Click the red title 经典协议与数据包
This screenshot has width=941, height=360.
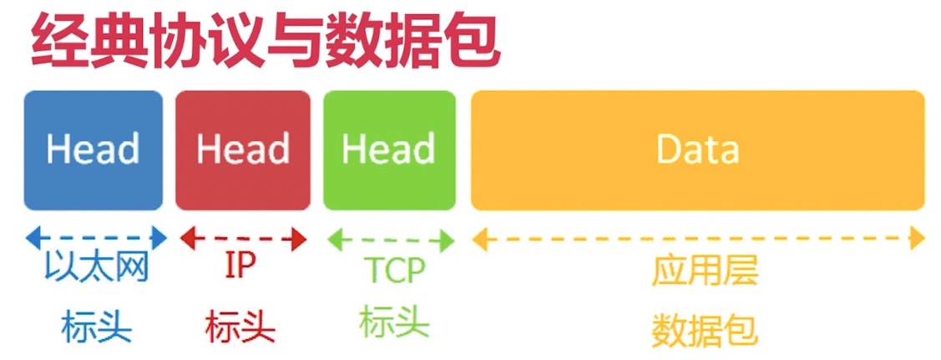tap(265, 42)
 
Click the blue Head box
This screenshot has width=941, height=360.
tap(93, 150)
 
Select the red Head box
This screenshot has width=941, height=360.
tap(242, 150)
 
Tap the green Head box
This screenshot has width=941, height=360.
tap(389, 150)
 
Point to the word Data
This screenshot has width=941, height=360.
tap(697, 150)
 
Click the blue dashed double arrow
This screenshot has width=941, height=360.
tap(96, 238)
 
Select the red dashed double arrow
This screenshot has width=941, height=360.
tap(243, 238)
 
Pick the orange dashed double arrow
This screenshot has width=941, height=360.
tap(698, 240)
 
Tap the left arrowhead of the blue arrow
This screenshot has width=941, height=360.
tap(32, 238)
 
